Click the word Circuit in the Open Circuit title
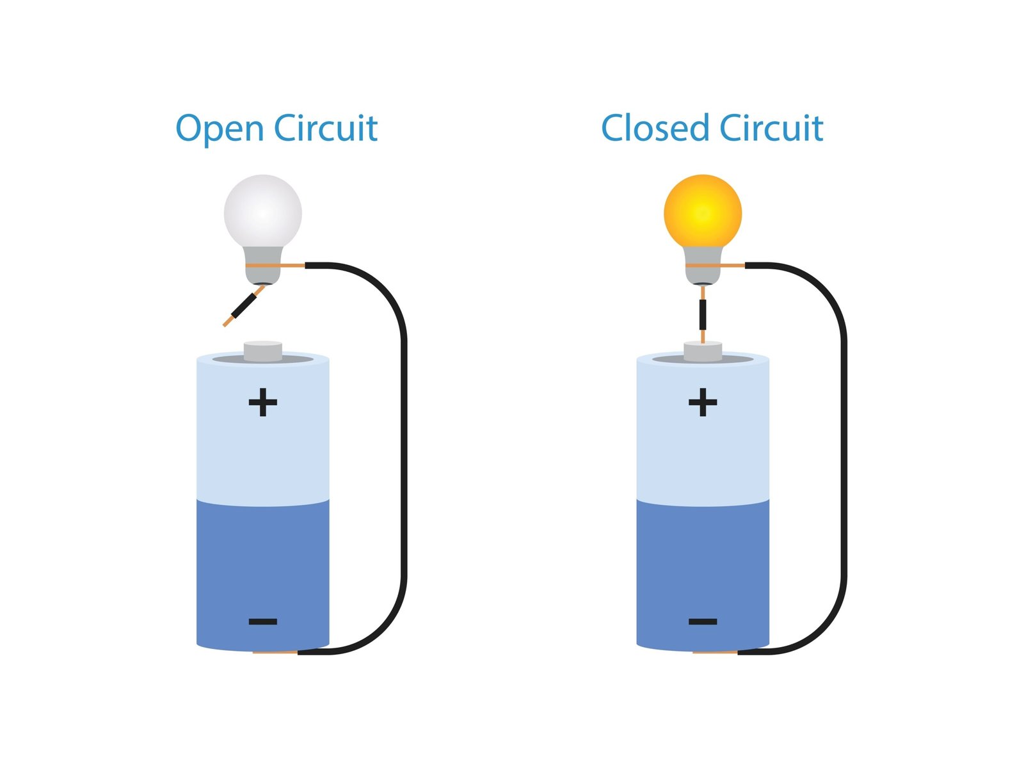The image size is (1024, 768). (326, 128)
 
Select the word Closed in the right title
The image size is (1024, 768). (655, 128)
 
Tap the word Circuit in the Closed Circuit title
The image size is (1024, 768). (771, 128)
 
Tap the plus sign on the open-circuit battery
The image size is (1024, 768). (262, 403)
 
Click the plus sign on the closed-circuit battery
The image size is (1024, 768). (703, 403)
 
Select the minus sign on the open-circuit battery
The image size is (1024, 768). (262, 621)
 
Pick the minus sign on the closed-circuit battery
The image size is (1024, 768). (703, 621)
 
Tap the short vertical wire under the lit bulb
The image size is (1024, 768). (703, 314)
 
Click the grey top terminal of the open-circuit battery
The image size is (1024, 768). (262, 351)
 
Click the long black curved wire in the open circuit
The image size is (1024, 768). (404, 448)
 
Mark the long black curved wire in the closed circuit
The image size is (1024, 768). (844, 448)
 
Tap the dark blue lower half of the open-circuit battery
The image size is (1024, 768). (262, 563)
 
